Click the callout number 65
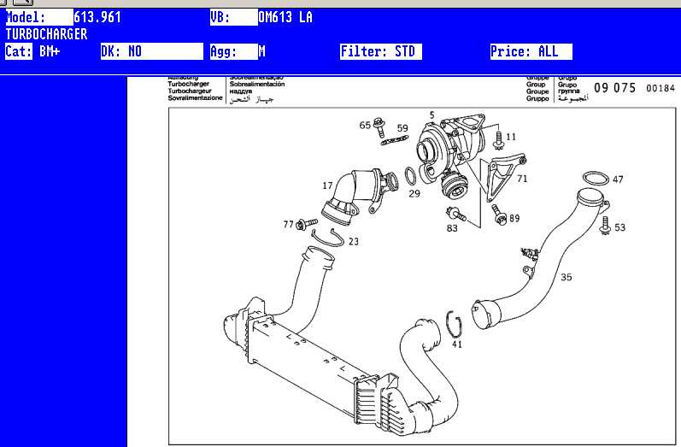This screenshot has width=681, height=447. tap(365, 126)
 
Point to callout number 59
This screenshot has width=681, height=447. tap(402, 128)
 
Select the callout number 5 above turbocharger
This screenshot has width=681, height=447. tap(431, 115)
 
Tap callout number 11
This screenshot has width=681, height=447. tap(511, 137)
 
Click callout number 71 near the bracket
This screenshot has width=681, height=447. tap(522, 179)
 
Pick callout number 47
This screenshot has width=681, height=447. tap(618, 179)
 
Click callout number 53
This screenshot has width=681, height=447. tap(619, 227)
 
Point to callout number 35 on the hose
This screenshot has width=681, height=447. tap(567, 277)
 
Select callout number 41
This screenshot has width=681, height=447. tap(457, 344)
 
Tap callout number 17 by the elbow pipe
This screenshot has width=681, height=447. tap(327, 185)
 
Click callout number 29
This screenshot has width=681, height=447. tap(414, 194)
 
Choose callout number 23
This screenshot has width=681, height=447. tap(354, 242)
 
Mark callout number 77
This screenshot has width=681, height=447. tap(288, 224)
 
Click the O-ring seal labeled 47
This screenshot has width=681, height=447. tap(596, 179)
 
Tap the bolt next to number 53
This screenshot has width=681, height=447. tap(605, 225)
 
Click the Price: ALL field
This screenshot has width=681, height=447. tap(530, 51)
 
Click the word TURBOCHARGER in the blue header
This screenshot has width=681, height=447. tap(46, 34)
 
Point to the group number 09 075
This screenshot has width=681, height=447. tap(614, 88)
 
